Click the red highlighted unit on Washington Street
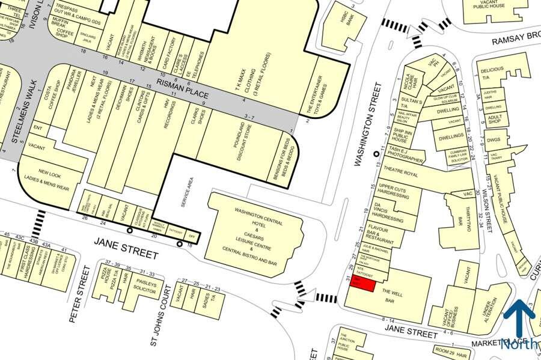(x=356, y=283)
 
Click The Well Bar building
(x=393, y=294)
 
